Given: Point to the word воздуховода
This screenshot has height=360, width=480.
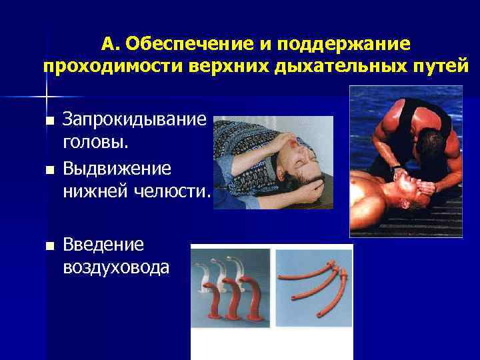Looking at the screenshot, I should (116, 267).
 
